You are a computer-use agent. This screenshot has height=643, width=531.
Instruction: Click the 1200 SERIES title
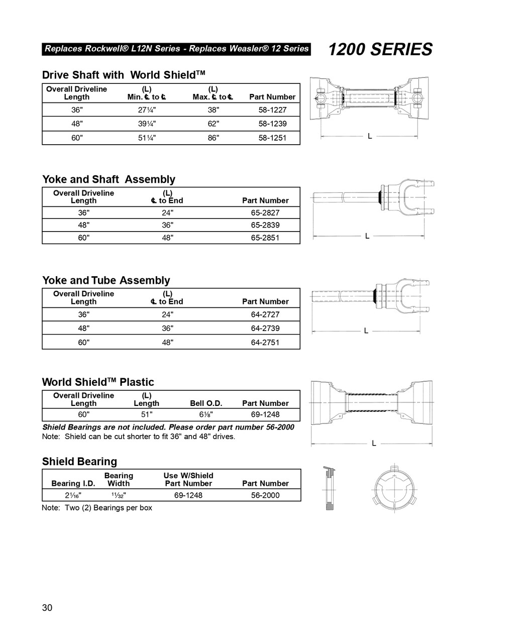(380, 49)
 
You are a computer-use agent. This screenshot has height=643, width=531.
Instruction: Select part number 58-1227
(272, 110)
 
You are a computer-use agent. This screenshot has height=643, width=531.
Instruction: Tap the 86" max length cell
(214, 138)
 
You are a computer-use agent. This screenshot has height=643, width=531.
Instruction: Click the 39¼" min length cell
(147, 124)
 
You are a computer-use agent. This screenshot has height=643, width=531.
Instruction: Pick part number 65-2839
(265, 225)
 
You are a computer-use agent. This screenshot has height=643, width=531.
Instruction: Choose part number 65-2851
(265, 238)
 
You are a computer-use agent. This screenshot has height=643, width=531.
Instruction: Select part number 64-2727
(265, 314)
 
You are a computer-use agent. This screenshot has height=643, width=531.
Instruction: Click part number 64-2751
(265, 342)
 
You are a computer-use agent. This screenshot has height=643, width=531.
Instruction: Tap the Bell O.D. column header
(206, 403)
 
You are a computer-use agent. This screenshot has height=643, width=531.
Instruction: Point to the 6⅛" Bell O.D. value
(206, 414)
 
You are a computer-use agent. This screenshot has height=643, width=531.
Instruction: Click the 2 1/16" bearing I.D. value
(73, 495)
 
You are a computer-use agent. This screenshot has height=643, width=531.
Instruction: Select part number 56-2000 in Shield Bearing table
(265, 495)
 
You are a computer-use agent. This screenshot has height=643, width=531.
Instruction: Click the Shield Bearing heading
(79, 461)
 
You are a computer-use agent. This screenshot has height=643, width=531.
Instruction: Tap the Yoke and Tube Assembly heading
(106, 280)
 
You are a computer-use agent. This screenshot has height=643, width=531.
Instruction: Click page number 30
(47, 608)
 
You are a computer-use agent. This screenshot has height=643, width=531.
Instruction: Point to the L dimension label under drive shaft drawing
(370, 136)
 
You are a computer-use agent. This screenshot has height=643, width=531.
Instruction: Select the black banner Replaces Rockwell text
(176, 49)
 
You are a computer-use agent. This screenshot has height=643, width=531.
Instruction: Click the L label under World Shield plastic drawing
(374, 443)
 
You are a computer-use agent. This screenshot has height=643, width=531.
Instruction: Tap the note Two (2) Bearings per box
(97, 507)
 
